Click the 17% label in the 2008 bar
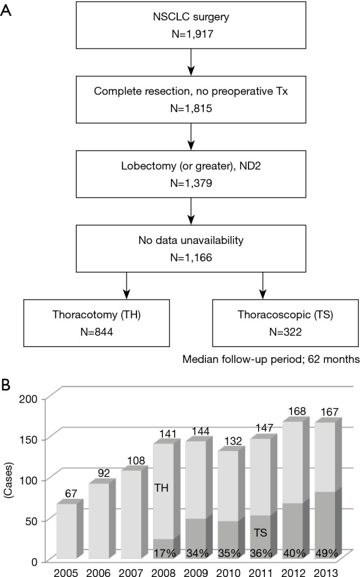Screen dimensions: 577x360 pyautogui.click(x=164, y=553)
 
